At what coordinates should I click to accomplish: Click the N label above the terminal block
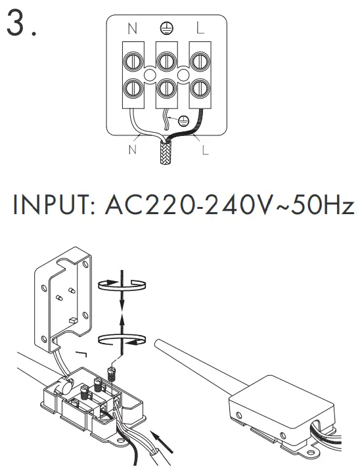coord(133,29)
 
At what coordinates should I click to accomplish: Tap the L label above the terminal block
coord(200,29)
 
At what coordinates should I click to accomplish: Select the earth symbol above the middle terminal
coord(166,28)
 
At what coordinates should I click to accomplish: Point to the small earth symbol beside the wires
coord(184,120)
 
